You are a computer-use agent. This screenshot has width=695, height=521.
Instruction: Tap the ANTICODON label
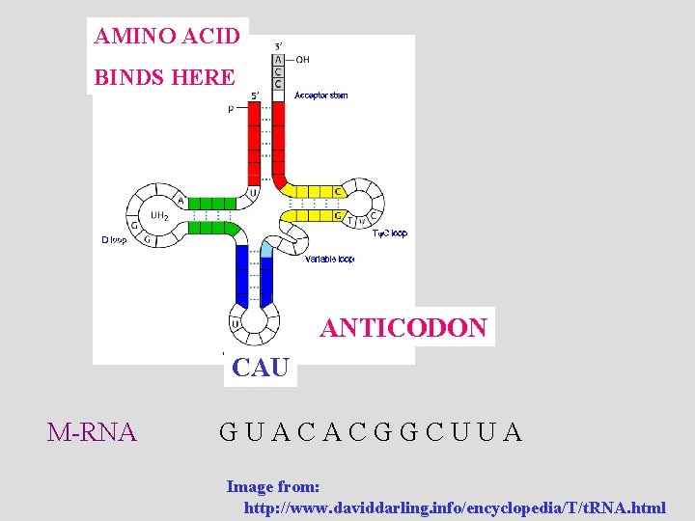coord(403,328)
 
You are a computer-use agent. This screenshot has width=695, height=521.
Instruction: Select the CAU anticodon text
coord(261,368)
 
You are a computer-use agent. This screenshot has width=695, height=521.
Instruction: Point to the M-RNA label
coord(92,431)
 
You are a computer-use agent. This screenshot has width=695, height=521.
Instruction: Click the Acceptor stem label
coord(320,96)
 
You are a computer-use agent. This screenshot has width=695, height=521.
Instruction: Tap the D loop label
coord(114,239)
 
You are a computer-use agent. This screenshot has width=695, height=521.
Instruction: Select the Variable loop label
coord(330,260)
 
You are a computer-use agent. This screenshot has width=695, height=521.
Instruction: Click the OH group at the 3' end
coord(302,59)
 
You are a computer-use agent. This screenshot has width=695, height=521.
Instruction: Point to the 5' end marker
coord(255,95)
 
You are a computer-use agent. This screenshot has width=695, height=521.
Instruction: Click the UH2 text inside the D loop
coord(159,216)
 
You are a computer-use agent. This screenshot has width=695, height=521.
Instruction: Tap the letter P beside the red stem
coord(230,109)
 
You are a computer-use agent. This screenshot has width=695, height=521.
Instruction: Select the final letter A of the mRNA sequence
coord(513,431)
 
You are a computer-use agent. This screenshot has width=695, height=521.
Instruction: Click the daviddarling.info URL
coord(455,507)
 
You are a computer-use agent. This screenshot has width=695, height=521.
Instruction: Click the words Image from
coord(273,487)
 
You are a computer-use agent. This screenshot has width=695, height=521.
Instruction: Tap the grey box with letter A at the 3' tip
coord(279,59)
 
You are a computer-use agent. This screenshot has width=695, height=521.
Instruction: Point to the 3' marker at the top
coord(279,44)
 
